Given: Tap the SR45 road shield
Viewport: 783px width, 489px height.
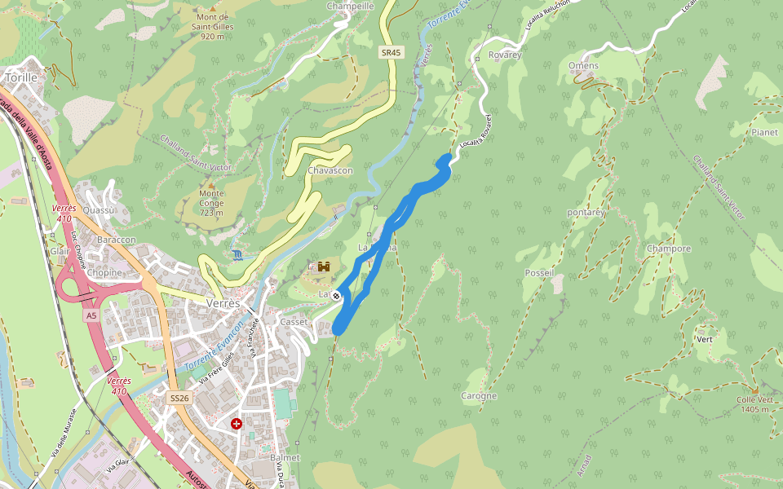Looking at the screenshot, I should (391, 52).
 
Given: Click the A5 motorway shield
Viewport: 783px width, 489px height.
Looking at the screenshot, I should (91, 315).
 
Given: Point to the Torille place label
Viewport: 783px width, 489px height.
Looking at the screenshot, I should (20, 77).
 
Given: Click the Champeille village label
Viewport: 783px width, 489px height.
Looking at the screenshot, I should (349, 6).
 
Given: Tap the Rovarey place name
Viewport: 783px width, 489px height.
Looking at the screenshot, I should (504, 55).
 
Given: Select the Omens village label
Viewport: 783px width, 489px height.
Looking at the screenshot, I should (583, 66).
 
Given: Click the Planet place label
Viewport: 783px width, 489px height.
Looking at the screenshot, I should (765, 132).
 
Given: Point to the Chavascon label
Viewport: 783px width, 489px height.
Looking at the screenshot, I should (330, 170).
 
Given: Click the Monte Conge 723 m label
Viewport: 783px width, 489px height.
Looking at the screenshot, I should (211, 203).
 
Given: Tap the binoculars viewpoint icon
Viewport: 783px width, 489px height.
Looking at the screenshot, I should (324, 267).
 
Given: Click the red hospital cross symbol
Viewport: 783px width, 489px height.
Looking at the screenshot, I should (237, 424).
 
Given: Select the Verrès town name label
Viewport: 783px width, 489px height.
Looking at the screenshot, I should (223, 303).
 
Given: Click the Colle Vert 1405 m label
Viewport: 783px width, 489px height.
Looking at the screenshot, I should (754, 404).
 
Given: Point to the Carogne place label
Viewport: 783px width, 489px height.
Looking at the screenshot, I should (479, 396).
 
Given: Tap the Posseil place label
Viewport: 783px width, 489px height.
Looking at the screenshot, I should (540, 273).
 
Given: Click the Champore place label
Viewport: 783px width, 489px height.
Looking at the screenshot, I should (668, 249).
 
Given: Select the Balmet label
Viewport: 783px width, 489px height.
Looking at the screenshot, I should (285, 458).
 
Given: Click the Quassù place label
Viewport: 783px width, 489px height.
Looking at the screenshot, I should (99, 209).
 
